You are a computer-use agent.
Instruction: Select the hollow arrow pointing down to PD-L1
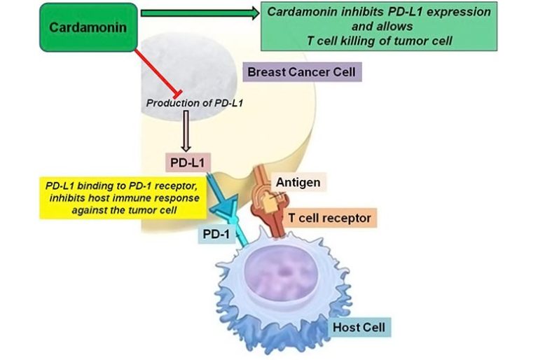(186, 132)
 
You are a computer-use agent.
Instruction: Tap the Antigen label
(298, 183)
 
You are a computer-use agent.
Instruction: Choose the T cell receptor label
(329, 218)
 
